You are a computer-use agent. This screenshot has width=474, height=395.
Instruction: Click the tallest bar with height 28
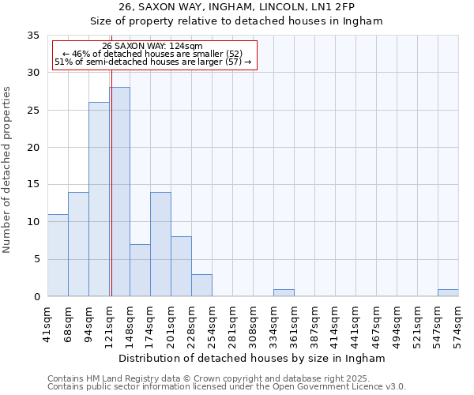point(119,192)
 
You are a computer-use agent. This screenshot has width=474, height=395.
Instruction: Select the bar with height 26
point(99,199)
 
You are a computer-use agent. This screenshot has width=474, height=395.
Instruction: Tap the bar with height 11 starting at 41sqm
point(58,255)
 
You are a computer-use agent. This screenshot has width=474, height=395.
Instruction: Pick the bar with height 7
point(140,270)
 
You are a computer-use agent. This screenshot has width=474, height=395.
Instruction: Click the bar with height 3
point(201,285)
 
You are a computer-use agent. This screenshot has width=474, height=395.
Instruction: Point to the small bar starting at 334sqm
point(284,292)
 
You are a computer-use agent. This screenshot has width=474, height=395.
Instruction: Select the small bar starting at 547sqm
point(448,292)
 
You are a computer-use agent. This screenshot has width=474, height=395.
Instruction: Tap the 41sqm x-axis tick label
point(47,324)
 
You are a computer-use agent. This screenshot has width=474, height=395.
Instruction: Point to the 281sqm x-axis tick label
point(232,324)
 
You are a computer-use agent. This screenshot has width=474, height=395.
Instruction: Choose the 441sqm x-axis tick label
point(355,324)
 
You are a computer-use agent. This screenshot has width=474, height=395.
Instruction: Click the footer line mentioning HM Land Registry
point(220,378)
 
